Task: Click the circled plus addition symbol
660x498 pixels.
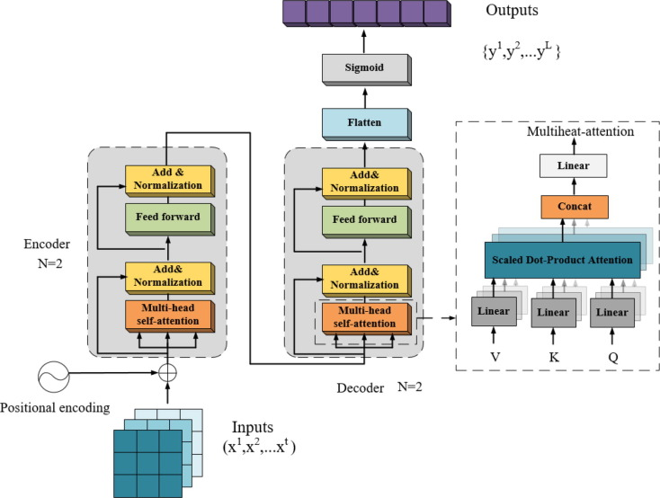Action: [168, 370]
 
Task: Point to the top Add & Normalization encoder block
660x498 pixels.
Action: [168, 180]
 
